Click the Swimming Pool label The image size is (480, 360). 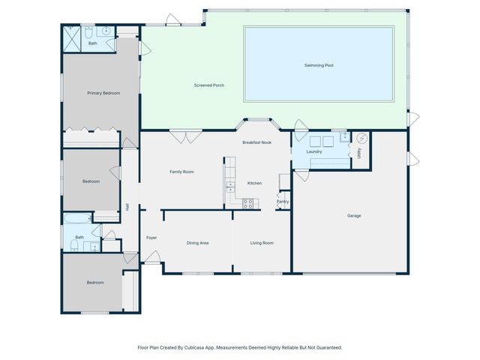(319, 66)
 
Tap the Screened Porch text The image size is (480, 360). (208, 85)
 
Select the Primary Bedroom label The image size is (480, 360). (103, 93)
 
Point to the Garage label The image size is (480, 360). (354, 216)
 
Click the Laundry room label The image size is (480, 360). (314, 152)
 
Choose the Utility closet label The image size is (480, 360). (359, 153)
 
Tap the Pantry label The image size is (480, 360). (283, 201)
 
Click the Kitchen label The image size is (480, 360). (254, 183)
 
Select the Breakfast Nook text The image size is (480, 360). (256, 142)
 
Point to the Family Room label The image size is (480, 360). (181, 172)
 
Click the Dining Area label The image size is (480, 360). (197, 243)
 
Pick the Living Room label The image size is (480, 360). (262, 243)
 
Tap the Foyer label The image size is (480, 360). (151, 238)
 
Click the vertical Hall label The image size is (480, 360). (128, 207)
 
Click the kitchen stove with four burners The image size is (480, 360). (249, 203)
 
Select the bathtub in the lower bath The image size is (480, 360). (77, 219)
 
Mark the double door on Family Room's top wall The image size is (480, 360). (184, 136)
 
